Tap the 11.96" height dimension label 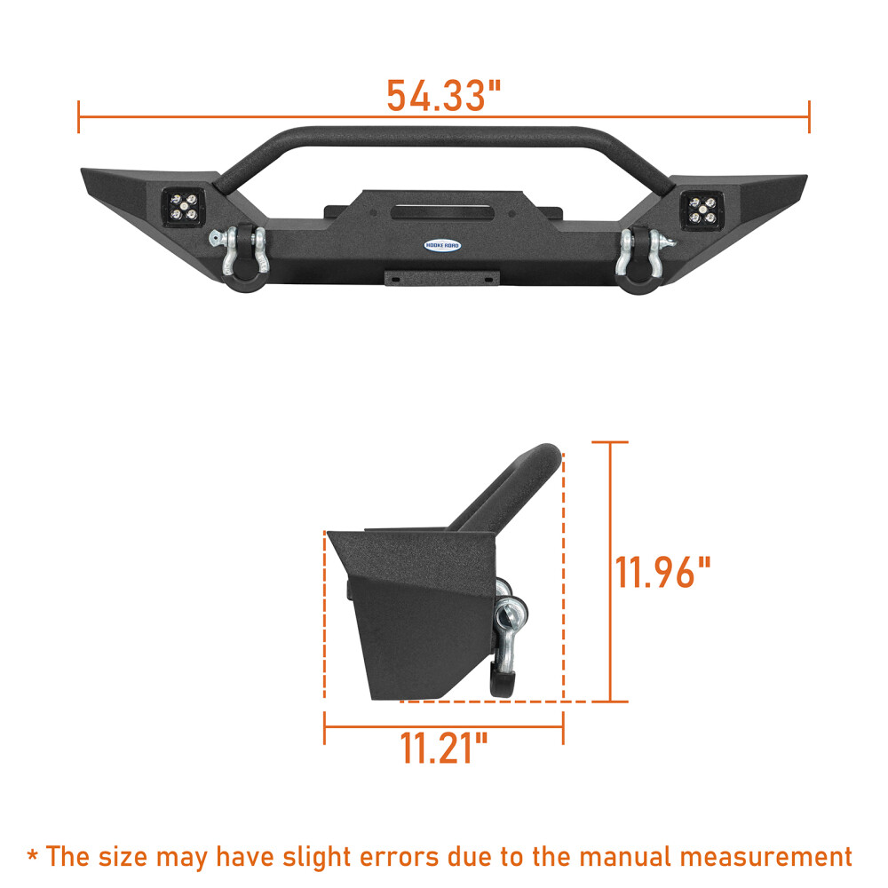pyautogui.click(x=663, y=573)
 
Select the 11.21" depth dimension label pyautogui.click(x=443, y=749)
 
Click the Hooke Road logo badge pyautogui.click(x=441, y=245)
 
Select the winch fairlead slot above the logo pyautogui.click(x=442, y=212)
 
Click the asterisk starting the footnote pyautogui.click(x=33, y=855)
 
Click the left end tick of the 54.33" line pyautogui.click(x=79, y=116)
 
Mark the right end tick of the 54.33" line pyautogui.click(x=809, y=116)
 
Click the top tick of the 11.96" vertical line pyautogui.click(x=610, y=442)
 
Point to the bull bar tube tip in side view pyautogui.click(x=547, y=455)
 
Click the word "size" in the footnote pyautogui.click(x=129, y=857)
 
